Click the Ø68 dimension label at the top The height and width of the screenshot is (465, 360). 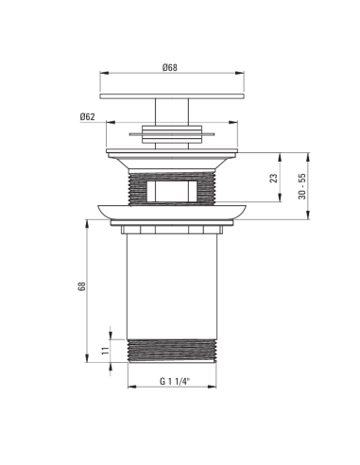(x=170, y=68)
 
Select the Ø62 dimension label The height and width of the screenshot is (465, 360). (x=87, y=117)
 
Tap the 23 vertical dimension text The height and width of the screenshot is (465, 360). (x=274, y=178)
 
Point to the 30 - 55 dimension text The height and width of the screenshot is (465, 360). (x=302, y=186)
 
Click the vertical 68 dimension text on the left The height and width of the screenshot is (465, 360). (x=81, y=286)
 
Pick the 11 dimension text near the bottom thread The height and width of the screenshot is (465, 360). (x=105, y=351)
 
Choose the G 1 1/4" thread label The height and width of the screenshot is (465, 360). (x=175, y=382)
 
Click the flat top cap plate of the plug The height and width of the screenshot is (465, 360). (x=172, y=96)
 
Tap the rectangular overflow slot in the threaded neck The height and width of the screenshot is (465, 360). (x=172, y=191)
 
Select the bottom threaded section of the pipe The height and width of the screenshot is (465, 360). (x=172, y=351)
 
